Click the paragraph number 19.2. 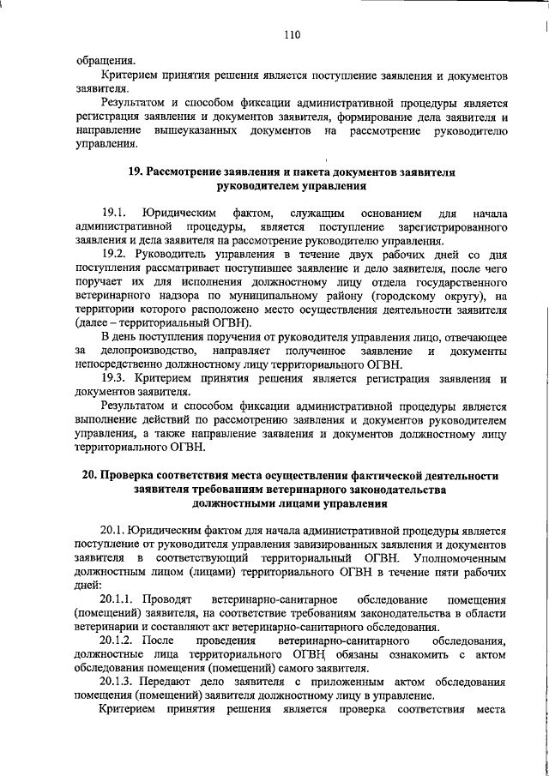coord(116,256)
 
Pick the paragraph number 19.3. coord(116,379)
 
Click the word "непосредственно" coord(119,365)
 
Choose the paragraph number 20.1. coord(117,530)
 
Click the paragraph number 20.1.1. coord(121,599)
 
